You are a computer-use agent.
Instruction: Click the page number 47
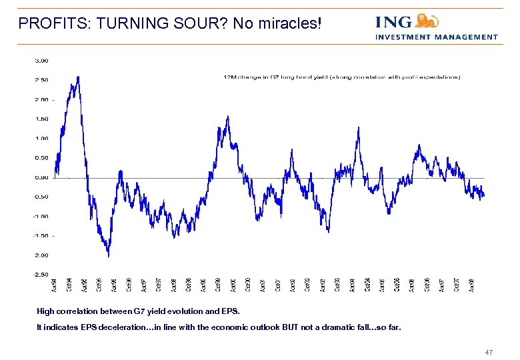(x=489, y=351)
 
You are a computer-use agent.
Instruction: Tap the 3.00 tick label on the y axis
(x=41, y=60)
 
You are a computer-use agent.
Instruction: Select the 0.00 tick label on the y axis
(x=41, y=177)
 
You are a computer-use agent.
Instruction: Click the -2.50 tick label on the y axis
(x=41, y=274)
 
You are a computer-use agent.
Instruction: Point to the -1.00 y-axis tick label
(x=41, y=216)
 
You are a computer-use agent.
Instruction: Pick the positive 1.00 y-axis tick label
(x=41, y=139)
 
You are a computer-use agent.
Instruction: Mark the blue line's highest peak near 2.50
(x=79, y=77)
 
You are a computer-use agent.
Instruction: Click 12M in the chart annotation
(x=229, y=77)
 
